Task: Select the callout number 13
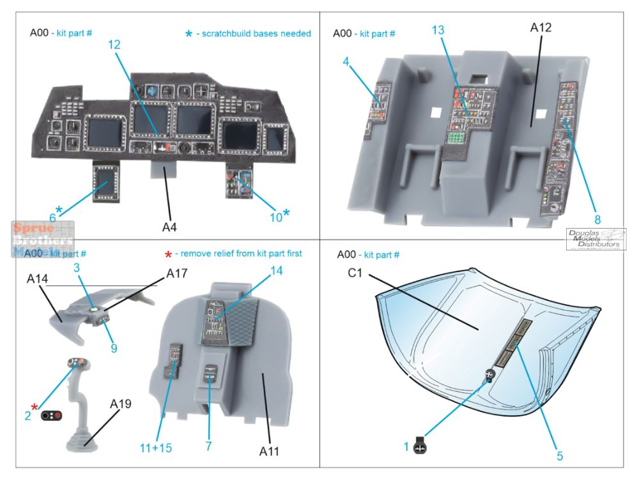(437, 30)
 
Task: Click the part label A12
(541, 27)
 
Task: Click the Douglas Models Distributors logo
(596, 240)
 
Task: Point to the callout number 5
(559, 456)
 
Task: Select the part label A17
(176, 273)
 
